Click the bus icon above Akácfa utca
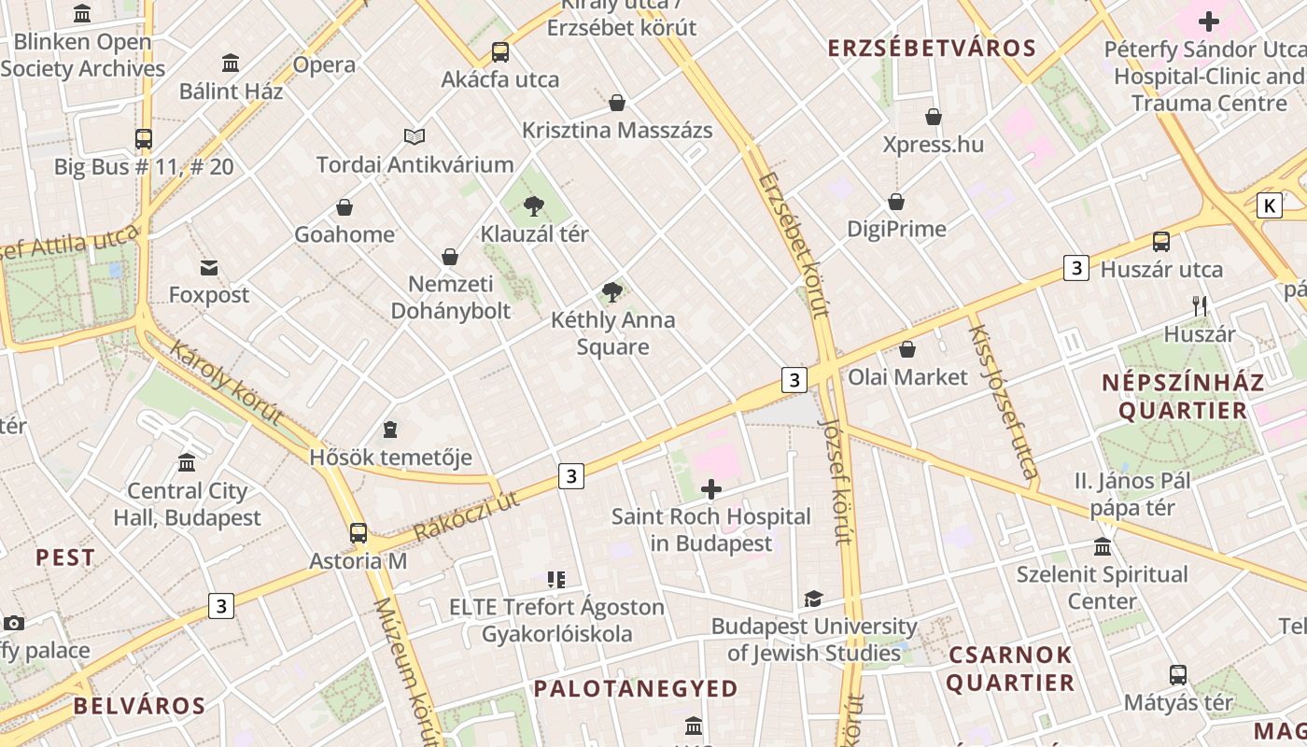(x=500, y=51)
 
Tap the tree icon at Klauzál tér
(x=534, y=205)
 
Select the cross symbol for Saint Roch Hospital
(x=711, y=488)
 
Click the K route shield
(x=1269, y=205)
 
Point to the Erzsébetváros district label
(x=932, y=49)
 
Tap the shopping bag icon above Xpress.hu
(x=933, y=117)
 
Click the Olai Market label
(x=907, y=377)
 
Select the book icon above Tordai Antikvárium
(x=415, y=136)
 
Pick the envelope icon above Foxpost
(x=209, y=268)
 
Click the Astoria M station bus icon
(x=358, y=533)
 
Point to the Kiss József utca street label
(x=1004, y=402)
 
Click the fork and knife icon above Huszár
(x=1200, y=306)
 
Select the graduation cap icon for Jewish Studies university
(x=814, y=599)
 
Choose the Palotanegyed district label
(x=636, y=689)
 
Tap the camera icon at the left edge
(x=13, y=623)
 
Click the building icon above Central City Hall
(x=187, y=463)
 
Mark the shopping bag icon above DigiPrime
(x=896, y=202)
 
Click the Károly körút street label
(x=226, y=383)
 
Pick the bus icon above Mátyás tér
(x=1178, y=674)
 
